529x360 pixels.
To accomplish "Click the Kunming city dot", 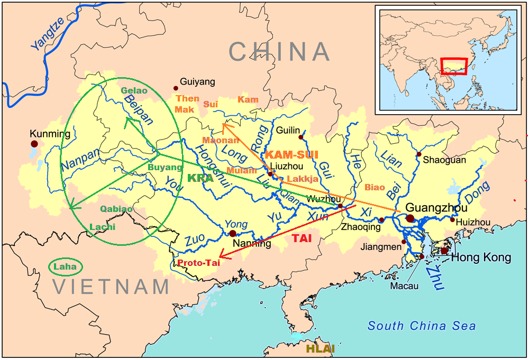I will [x=34, y=143].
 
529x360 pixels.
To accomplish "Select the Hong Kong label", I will [x=481, y=257].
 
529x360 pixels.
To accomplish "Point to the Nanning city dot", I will [x=232, y=233].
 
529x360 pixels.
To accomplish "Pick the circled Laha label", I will [x=65, y=266].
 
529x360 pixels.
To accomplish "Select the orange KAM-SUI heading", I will [x=291, y=155].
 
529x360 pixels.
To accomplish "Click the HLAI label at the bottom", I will [x=320, y=349].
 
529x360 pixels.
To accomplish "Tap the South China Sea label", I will [x=422, y=326].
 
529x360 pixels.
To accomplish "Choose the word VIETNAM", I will [x=111, y=287].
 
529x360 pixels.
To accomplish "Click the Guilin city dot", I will [x=301, y=137].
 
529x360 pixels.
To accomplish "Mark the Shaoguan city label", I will [x=443, y=159].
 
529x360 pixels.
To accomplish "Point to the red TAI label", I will [x=302, y=238].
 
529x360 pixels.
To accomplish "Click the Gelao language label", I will [x=134, y=90].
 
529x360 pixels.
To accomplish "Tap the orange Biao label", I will [x=375, y=187].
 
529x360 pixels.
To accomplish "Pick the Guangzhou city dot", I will [x=410, y=218].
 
